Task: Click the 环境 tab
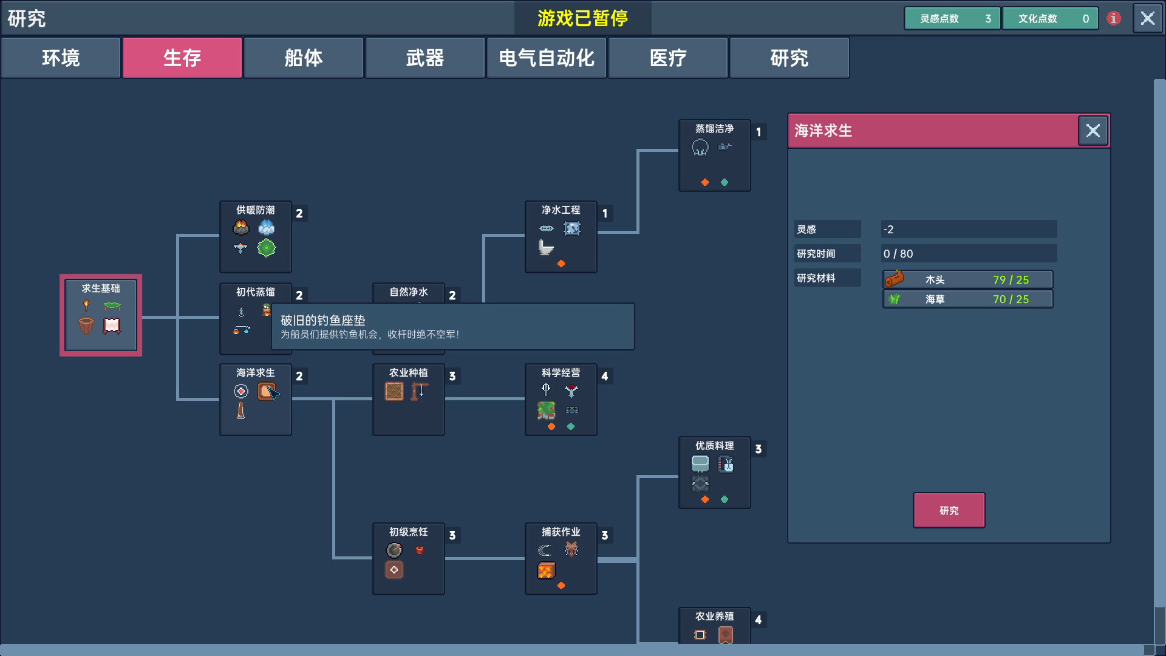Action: coord(61,58)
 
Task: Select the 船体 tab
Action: coord(304,58)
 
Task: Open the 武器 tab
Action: coord(425,58)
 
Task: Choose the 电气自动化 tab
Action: coord(547,58)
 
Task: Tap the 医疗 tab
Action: coord(668,58)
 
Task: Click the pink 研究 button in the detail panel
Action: coord(949,510)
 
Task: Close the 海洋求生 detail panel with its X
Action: coord(1093,131)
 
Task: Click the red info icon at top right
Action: coord(1113,18)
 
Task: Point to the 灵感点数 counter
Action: coord(952,18)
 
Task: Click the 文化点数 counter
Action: coord(1050,18)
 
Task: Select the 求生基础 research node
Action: coord(101,315)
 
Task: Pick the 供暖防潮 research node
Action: coord(256,237)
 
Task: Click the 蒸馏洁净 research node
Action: coord(714,155)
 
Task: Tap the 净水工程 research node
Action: coord(561,237)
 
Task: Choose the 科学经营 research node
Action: coord(561,400)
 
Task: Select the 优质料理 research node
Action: coord(714,473)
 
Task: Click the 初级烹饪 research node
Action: coord(408,559)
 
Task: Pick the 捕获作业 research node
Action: coord(561,559)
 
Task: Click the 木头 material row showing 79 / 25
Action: coord(967,279)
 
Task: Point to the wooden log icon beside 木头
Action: coord(895,279)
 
